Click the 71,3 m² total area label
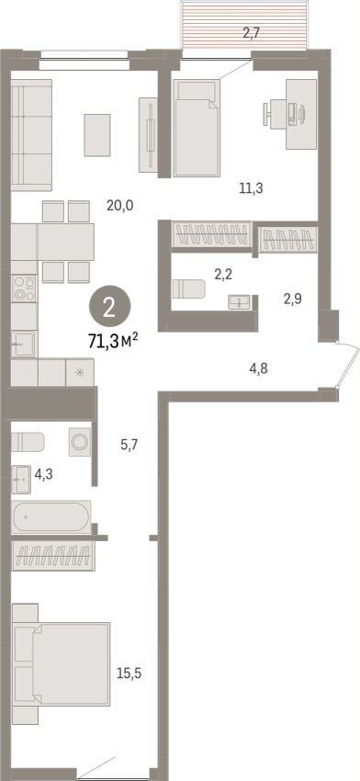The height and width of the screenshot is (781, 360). tap(113, 341)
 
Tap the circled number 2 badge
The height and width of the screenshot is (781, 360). tap(110, 310)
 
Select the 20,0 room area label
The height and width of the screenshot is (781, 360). tap(120, 205)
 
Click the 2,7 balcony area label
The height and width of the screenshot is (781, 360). tap(251, 34)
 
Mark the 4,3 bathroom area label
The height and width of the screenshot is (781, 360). tap(43, 474)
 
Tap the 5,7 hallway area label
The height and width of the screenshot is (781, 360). tap(129, 445)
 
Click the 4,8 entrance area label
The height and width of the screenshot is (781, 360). tap(259, 369)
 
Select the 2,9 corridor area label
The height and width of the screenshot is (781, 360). tap(293, 299)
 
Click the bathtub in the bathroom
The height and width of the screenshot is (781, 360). tap(51, 517)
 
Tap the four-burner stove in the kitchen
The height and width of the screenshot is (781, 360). tap(24, 289)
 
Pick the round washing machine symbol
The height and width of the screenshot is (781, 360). tap(79, 441)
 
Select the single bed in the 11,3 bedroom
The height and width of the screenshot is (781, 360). tap(197, 128)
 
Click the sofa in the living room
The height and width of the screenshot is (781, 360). tap(31, 135)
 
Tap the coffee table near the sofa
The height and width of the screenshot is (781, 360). tap(97, 134)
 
